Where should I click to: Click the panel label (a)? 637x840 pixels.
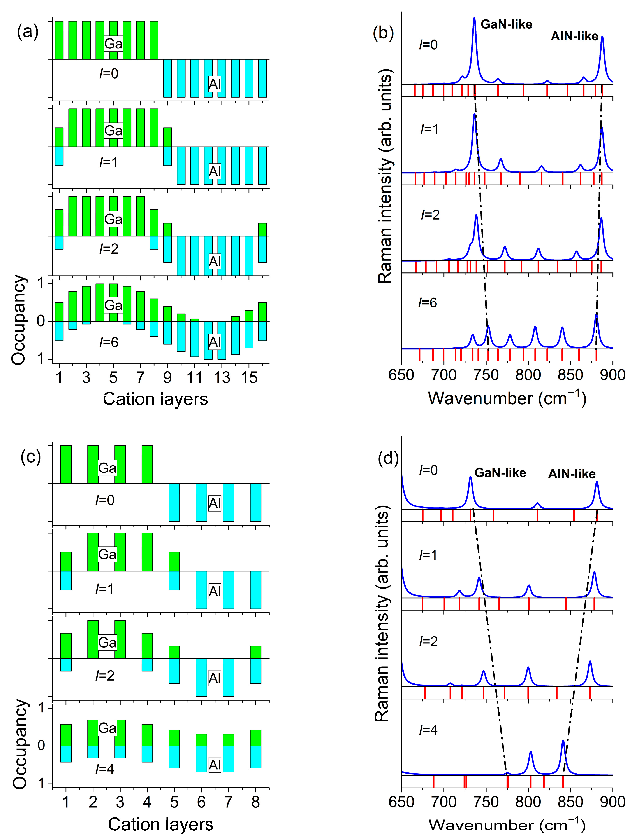(28, 32)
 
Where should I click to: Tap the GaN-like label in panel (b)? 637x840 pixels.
(506, 25)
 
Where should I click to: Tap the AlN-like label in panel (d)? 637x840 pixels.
(572, 474)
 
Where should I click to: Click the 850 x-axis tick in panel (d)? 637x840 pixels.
(571, 802)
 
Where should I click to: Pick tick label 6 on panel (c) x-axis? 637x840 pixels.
(201, 802)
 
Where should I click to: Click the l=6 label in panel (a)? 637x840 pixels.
(109, 342)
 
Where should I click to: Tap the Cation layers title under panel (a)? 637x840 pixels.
(155, 399)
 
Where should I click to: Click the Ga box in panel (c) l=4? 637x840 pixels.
(107, 728)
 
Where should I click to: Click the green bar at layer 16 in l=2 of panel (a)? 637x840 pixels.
(262, 229)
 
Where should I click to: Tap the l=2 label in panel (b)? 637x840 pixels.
(430, 215)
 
